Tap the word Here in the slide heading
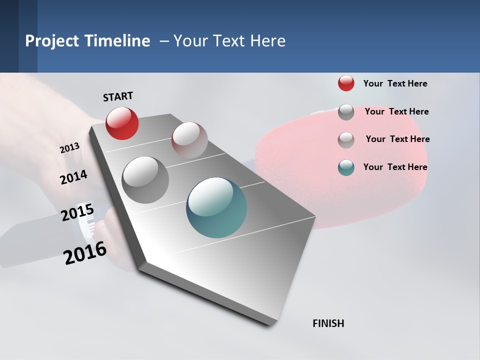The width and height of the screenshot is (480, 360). coord(267,41)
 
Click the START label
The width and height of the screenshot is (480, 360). coord(118,96)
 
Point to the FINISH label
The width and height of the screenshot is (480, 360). coord(328,323)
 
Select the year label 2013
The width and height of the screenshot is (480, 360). coord(69,148)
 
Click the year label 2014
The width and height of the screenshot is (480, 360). coord(73,177)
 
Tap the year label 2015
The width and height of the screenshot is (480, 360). coord(77,212)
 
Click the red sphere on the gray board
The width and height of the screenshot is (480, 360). coord(122,123)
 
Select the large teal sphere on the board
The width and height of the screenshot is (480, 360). coord(216,207)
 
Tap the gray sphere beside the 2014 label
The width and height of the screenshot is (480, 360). coord(145,180)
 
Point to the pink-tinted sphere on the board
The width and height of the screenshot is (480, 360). coord(189,140)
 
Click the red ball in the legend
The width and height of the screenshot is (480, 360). coord(346,83)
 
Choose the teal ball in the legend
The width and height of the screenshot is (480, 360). coord(346,167)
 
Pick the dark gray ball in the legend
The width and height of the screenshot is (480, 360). coord(346,112)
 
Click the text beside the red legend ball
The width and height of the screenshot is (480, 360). coord(395,83)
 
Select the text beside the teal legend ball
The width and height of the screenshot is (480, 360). coord(395,167)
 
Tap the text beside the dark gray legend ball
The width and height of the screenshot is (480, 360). coord(396,111)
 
